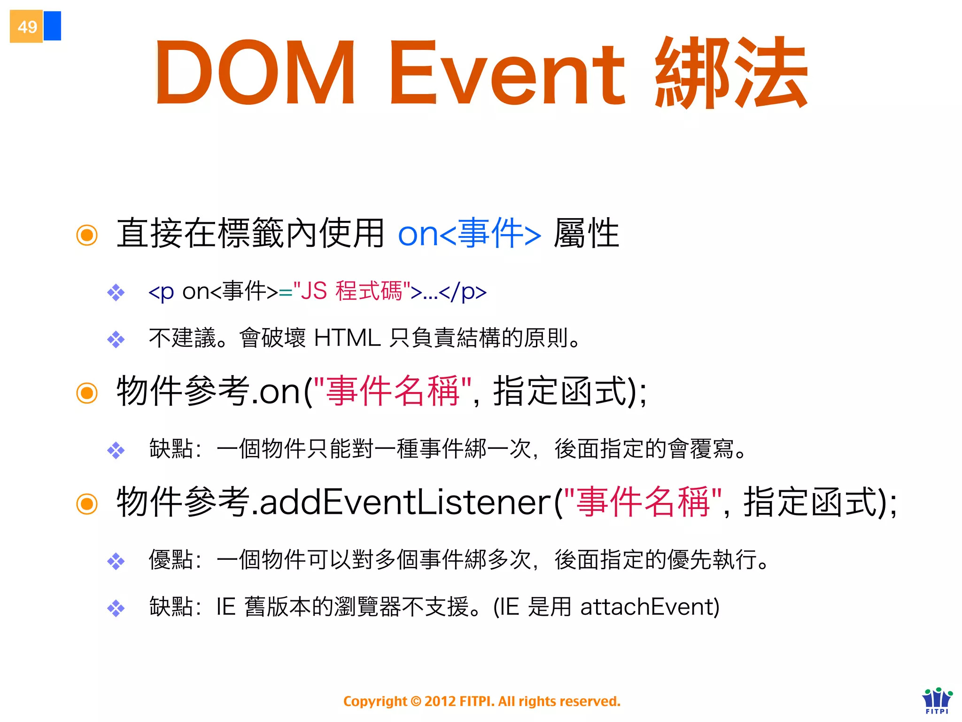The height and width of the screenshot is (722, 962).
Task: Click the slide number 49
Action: pyautogui.click(x=27, y=27)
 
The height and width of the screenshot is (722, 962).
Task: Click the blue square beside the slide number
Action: pyautogui.click(x=52, y=26)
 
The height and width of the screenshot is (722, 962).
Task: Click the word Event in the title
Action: pyautogui.click(x=507, y=73)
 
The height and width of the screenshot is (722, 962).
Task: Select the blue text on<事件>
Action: pyautogui.click(x=469, y=233)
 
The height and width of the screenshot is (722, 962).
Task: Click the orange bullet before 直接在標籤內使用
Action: pyautogui.click(x=87, y=235)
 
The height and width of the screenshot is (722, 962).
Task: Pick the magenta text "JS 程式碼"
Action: pyautogui.click(x=351, y=291)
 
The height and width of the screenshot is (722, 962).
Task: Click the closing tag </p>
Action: pyautogui.click(x=463, y=292)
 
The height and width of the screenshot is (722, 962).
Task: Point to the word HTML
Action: pyautogui.click(x=347, y=337)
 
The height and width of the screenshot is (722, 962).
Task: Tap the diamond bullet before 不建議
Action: pyautogui.click(x=116, y=339)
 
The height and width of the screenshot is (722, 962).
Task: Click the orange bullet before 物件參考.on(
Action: pyautogui.click(x=87, y=393)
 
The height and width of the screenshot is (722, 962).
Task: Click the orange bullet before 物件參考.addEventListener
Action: pyautogui.click(x=87, y=504)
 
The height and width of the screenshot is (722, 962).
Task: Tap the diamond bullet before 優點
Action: pyautogui.click(x=116, y=561)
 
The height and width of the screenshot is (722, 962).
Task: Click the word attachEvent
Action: pyautogui.click(x=649, y=607)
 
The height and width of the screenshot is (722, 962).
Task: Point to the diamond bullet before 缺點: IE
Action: pyautogui.click(x=116, y=609)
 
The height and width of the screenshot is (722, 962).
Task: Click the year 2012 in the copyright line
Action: pyautogui.click(x=440, y=701)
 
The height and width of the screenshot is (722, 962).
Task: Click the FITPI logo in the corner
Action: pyautogui.click(x=937, y=700)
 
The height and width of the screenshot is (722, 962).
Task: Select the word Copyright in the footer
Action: pyautogui.click(x=375, y=701)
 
